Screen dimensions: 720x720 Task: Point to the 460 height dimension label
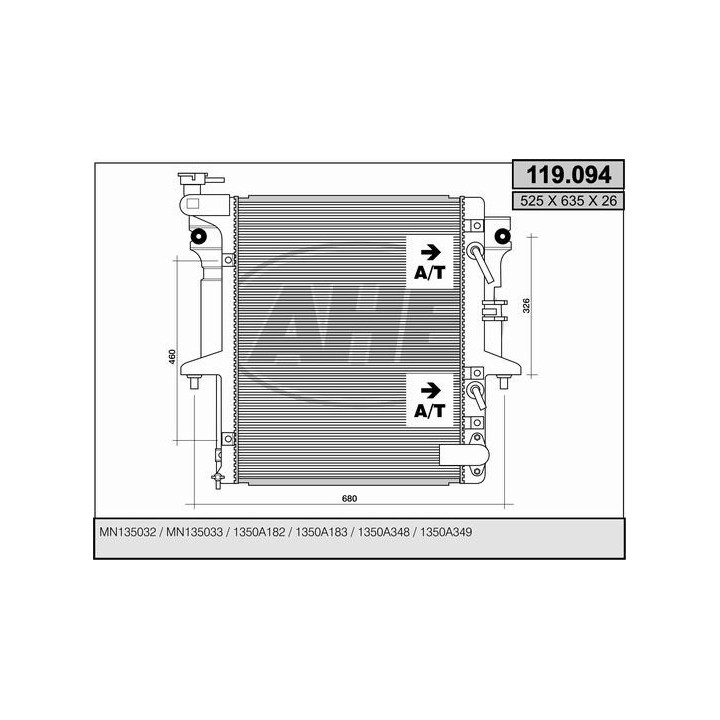pyautogui.click(x=172, y=357)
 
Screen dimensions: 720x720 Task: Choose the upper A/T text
pyautogui.click(x=429, y=272)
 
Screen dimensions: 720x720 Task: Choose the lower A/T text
pyautogui.click(x=429, y=409)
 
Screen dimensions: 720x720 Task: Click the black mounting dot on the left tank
pyautogui.click(x=198, y=237)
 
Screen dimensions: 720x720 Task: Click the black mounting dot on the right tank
pyautogui.click(x=500, y=237)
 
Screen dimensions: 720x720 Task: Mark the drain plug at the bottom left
pyautogui.click(x=216, y=477)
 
